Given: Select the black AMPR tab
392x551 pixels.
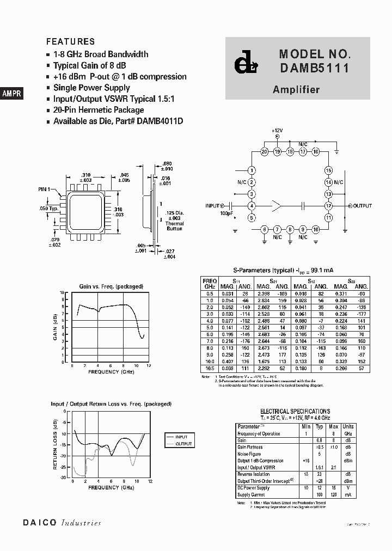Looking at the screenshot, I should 11,94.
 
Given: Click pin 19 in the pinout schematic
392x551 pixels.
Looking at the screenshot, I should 277,151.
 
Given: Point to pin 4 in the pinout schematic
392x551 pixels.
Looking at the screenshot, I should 252,206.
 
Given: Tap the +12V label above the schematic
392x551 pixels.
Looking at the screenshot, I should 278,131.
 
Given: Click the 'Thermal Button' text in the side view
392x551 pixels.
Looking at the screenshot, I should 175,226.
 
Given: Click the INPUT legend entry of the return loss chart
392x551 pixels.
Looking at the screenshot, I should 181,437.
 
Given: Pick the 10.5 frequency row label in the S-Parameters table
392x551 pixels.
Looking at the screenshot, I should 210,368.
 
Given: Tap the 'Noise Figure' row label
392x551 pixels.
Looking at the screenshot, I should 250,454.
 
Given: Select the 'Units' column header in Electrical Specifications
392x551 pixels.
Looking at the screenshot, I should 348,427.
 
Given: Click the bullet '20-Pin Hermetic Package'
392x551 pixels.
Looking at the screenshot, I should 99,110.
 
